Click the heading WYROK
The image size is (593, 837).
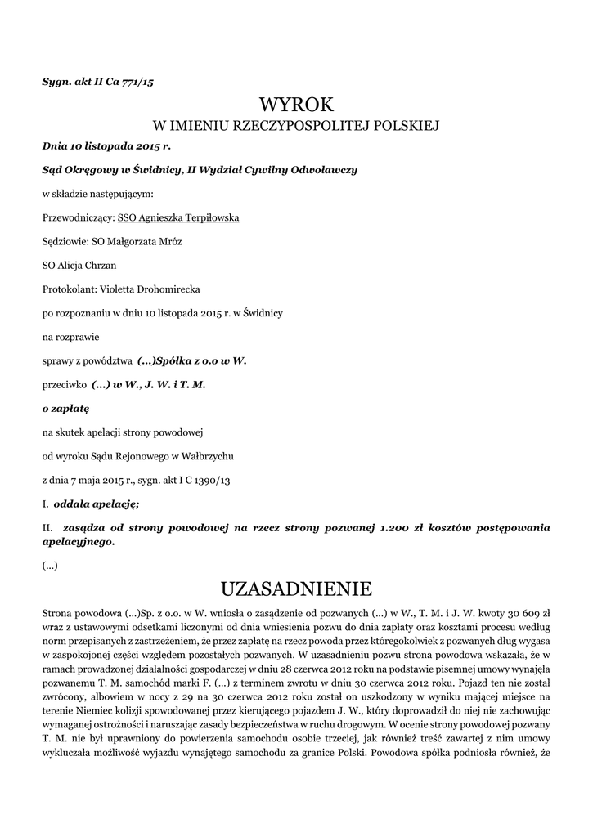(x=296, y=105)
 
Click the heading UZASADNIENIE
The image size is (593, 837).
(x=296, y=589)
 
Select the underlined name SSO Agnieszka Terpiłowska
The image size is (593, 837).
(x=178, y=218)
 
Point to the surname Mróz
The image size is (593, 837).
(x=168, y=242)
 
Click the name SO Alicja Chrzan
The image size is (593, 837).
(x=79, y=266)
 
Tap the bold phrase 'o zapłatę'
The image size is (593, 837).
(x=65, y=407)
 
